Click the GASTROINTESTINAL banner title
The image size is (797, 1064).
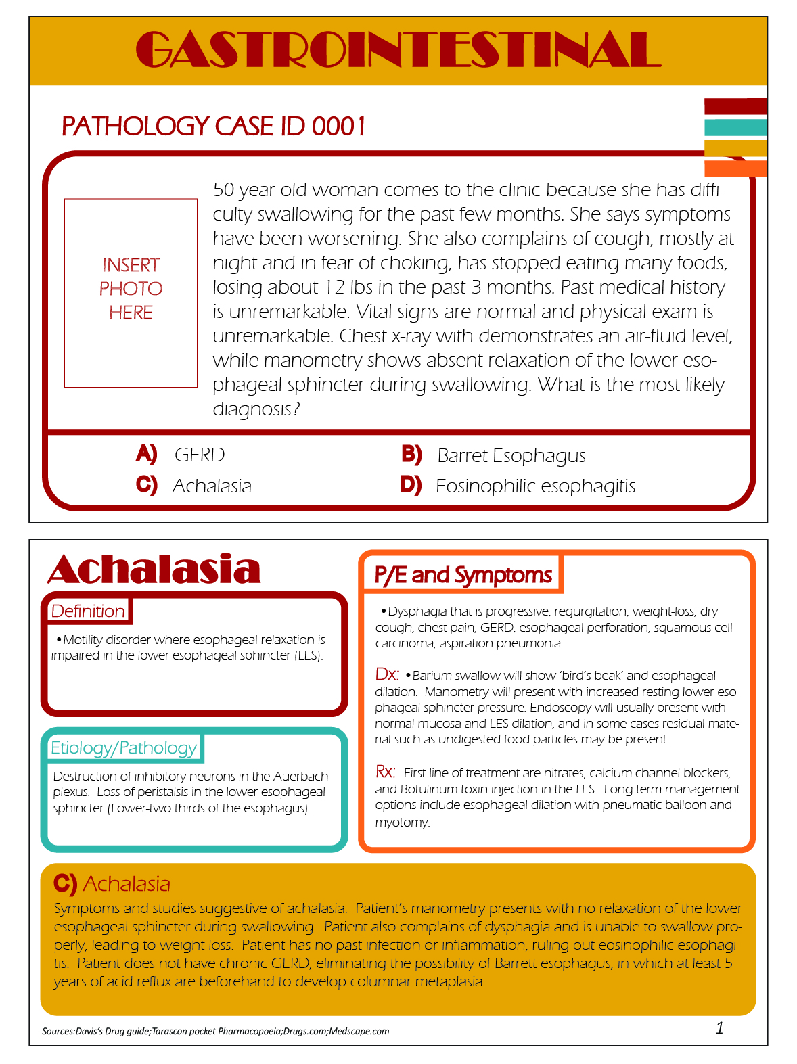tap(398, 50)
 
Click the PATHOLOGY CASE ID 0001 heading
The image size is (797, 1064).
tap(214, 126)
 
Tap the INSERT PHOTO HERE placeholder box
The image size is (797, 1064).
tap(131, 292)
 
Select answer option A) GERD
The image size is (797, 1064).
tap(181, 455)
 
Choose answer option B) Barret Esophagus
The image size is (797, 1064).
tap(494, 455)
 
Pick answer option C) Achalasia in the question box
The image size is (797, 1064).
tap(194, 486)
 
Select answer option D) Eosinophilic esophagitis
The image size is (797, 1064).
tap(518, 486)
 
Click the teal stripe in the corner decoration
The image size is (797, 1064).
tap(735, 127)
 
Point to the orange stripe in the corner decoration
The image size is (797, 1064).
tap(735, 168)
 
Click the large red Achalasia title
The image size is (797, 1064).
tap(154, 570)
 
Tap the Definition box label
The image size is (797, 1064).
tap(88, 611)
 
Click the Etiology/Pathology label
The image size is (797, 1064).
tap(124, 747)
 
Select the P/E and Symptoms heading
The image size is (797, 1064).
tap(463, 575)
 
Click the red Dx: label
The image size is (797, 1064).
tap(387, 674)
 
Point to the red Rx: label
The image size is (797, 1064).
tap(386, 772)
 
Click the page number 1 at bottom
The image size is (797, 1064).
tap(719, 1028)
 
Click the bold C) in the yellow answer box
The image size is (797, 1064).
tap(65, 883)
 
